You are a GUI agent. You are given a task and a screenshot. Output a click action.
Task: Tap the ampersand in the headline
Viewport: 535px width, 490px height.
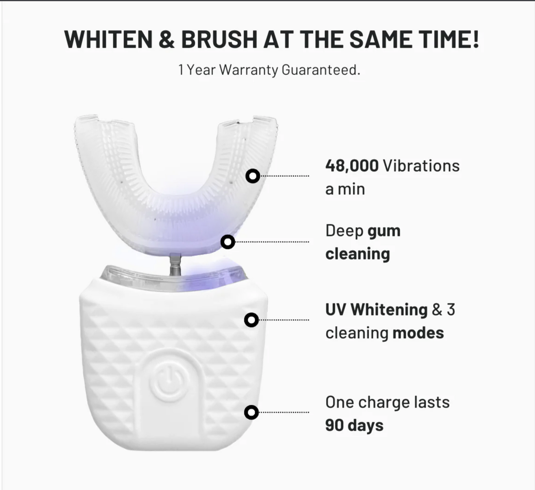coord(167,39)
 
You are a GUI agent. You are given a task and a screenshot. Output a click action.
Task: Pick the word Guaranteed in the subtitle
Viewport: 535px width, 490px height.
coord(321,70)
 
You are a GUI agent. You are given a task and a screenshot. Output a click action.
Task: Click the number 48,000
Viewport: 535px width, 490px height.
coord(352,166)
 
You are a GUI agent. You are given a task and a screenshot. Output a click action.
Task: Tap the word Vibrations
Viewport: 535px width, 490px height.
coord(421,166)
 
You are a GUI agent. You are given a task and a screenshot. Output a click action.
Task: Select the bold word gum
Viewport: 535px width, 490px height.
coord(384,231)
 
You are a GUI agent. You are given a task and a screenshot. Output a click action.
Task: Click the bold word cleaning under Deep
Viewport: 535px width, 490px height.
coord(357,254)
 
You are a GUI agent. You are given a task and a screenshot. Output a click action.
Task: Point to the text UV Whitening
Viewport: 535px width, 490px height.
coord(376,309)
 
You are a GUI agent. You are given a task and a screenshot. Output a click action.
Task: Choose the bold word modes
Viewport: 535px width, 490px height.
coord(418,333)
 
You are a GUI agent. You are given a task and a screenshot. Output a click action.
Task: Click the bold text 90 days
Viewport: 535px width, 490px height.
coord(354,425)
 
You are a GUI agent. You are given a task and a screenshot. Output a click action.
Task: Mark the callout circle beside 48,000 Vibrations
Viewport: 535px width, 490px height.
coord(253,176)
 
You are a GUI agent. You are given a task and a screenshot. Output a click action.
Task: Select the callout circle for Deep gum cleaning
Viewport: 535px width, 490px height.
coord(228,242)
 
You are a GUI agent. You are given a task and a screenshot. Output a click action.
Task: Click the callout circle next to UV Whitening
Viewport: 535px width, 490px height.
coord(251,320)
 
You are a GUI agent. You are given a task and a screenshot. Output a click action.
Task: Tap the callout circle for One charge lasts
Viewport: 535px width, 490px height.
coord(251,412)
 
